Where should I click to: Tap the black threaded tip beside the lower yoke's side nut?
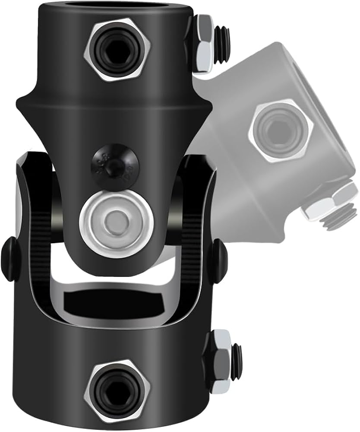(x=237, y=354)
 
